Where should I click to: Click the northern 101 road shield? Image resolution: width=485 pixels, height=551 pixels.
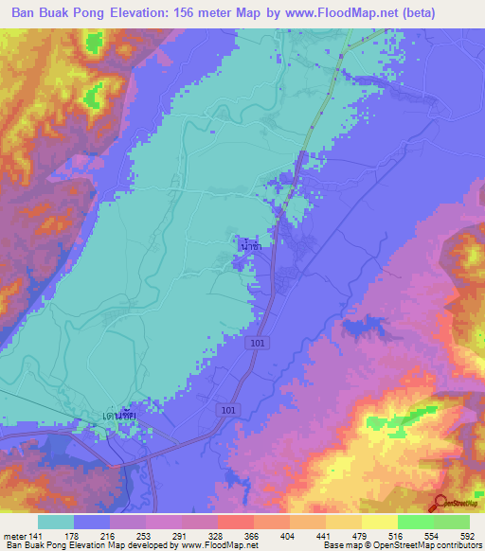[259, 343]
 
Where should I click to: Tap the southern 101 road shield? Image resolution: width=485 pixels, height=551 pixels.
[229, 409]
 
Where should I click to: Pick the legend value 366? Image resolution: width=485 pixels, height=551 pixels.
[254, 535]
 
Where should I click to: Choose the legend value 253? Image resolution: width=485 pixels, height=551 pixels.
[147, 535]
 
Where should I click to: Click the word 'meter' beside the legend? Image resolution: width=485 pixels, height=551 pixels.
[14, 535]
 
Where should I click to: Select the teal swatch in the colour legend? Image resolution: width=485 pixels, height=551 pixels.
[56, 522]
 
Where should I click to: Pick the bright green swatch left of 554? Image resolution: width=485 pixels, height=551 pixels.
[415, 522]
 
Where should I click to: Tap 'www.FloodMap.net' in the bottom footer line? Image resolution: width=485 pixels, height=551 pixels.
[219, 546]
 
